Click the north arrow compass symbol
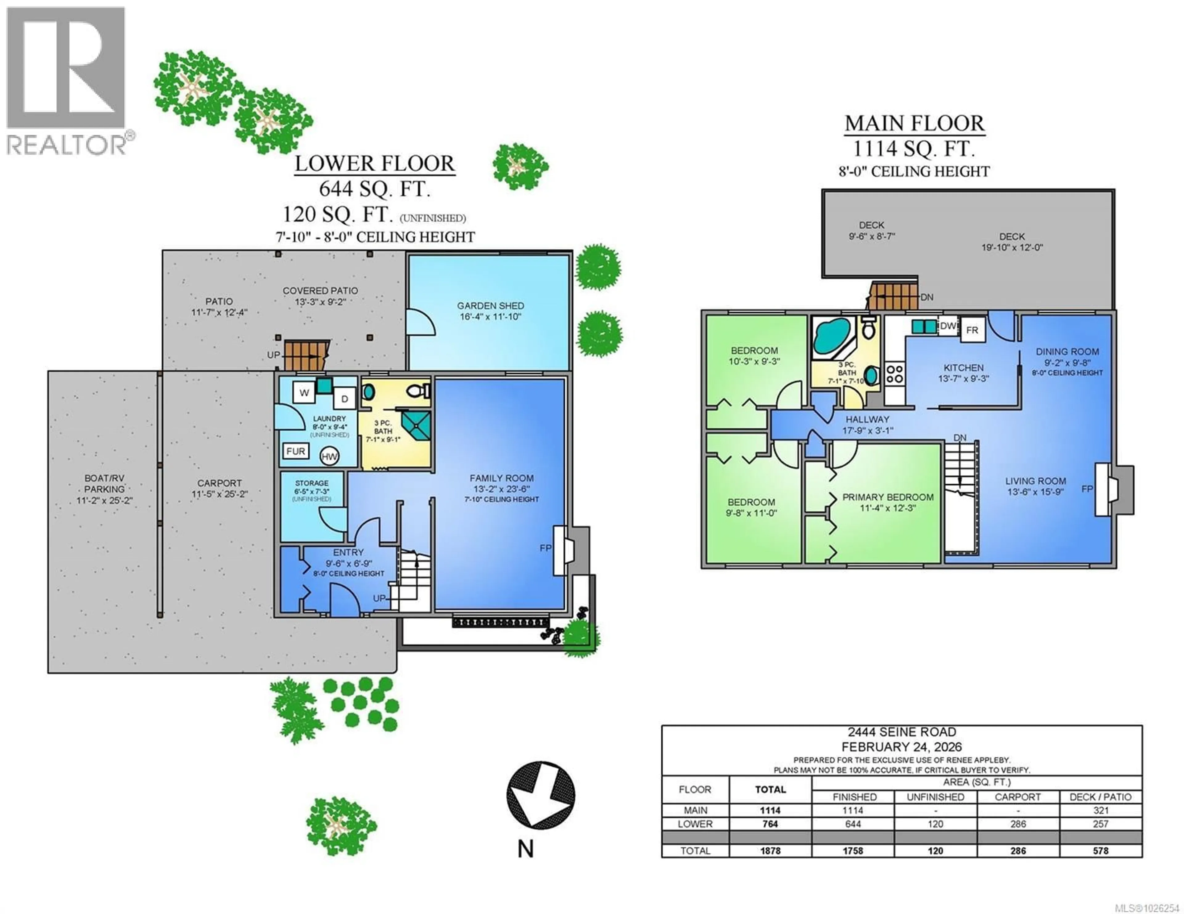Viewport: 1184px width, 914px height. tap(541, 795)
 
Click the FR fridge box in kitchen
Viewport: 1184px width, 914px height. tap(972, 330)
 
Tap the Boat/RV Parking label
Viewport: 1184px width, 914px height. tap(104, 484)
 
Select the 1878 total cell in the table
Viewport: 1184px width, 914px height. tap(770, 851)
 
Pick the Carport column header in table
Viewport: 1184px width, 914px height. tap(1017, 797)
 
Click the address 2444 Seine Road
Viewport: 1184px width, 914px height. tap(902, 732)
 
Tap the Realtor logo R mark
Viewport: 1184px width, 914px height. tap(65, 68)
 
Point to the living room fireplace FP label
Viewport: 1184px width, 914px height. tap(1087, 489)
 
